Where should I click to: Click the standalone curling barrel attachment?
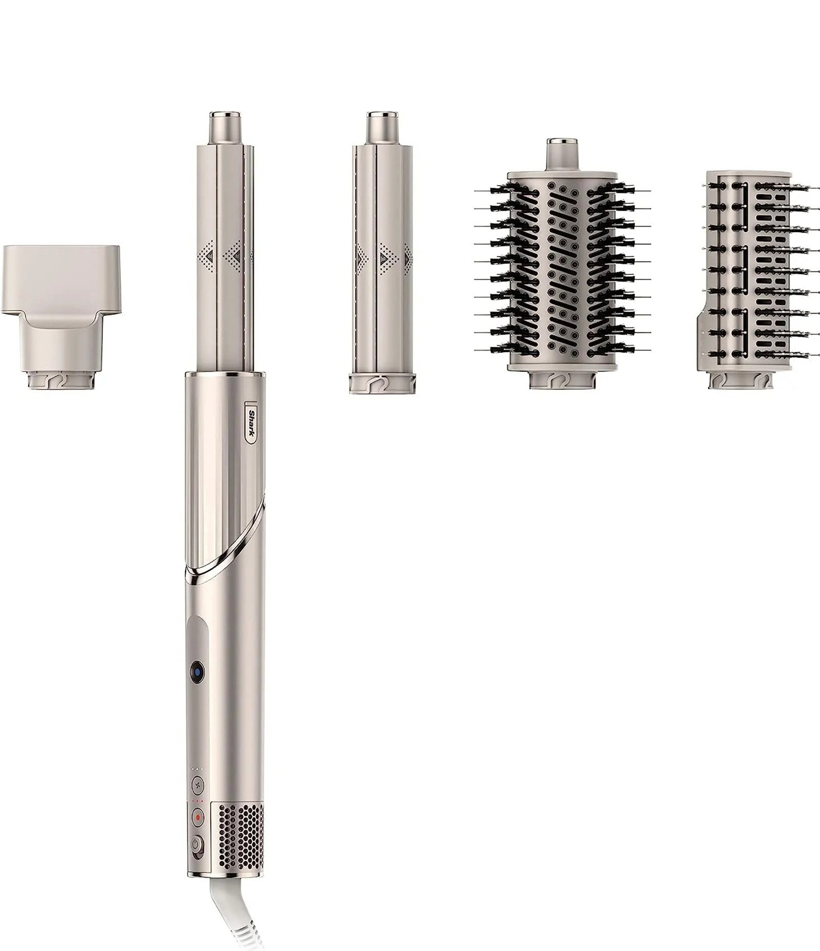382,256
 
